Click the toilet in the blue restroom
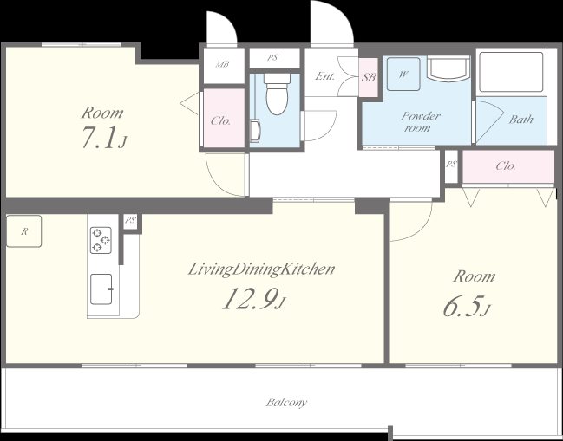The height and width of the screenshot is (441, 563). tap(277, 94)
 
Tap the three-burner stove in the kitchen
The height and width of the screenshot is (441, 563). tap(101, 240)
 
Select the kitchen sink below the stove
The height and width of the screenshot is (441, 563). tap(101, 289)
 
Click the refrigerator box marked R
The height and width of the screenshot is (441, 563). tap(24, 231)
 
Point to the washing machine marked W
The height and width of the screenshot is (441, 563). tap(403, 75)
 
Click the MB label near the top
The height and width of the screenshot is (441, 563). tap(222, 64)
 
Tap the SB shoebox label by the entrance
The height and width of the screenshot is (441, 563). tap(369, 77)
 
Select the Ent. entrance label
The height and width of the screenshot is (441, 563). tap(325, 76)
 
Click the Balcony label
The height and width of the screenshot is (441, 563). tap(286, 402)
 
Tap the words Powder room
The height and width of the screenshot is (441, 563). tap(420, 122)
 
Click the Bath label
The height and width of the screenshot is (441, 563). tap(520, 119)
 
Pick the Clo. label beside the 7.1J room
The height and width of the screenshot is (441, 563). tap(220, 120)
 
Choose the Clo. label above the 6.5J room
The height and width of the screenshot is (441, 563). tap(506, 166)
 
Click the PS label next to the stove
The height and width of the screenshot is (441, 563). tap(130, 220)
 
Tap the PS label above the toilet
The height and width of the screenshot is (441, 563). tap(272, 58)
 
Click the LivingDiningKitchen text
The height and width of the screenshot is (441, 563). tap(261, 269)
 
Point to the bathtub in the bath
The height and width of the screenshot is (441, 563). tap(511, 72)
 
